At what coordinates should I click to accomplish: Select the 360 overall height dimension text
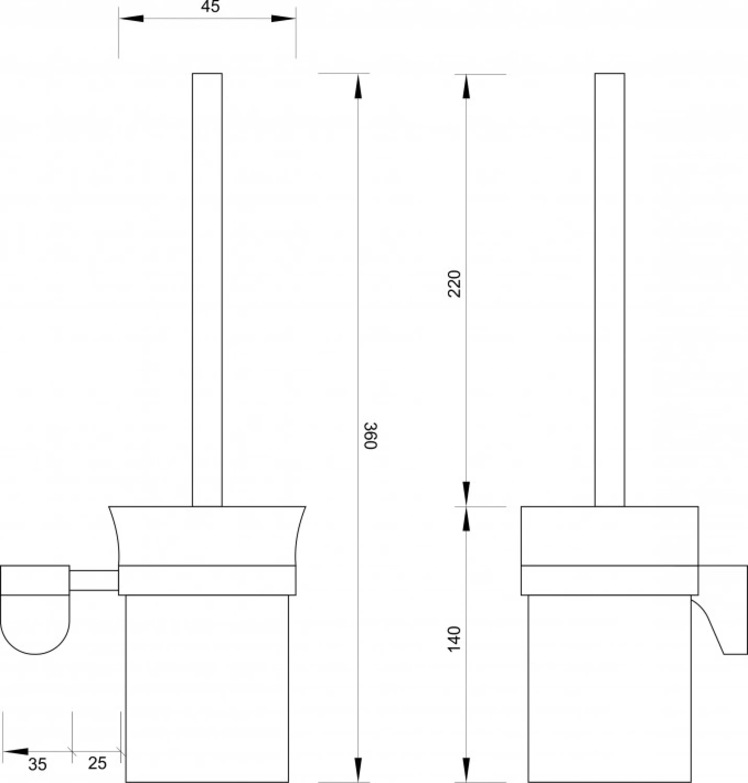(370, 436)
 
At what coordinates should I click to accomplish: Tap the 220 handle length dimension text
(454, 284)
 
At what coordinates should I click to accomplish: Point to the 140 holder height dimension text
(454, 639)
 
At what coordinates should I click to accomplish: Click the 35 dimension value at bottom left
(38, 764)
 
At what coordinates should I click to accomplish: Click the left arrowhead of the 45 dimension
(131, 18)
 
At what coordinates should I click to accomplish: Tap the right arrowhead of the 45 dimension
(283, 18)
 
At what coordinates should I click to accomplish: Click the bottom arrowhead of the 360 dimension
(358, 769)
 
